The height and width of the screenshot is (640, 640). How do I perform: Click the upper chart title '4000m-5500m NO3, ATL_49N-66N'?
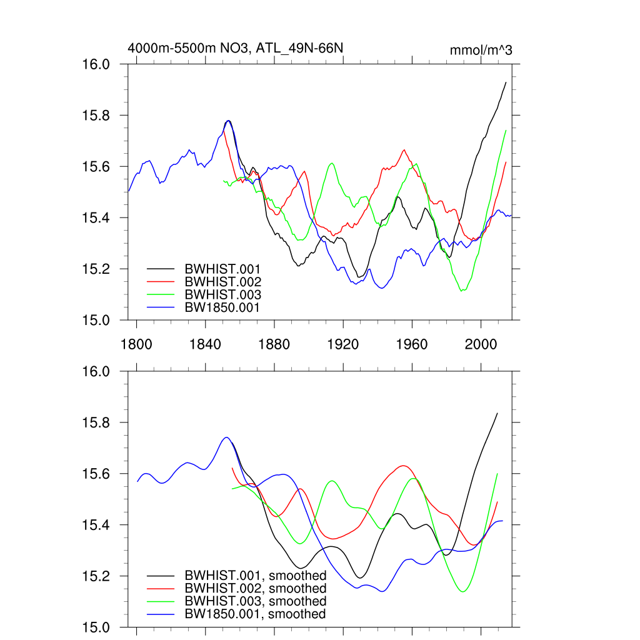pyautogui.click(x=236, y=47)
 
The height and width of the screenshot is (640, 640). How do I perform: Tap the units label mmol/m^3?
pyautogui.click(x=481, y=50)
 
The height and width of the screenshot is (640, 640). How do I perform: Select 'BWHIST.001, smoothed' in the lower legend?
pyautogui.click(x=256, y=576)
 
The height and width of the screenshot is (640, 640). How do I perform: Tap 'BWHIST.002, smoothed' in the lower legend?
pyautogui.click(x=256, y=589)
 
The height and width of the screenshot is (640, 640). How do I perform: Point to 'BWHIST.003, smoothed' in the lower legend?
pyautogui.click(x=256, y=601)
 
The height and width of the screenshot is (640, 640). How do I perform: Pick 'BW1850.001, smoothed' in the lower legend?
pyautogui.click(x=255, y=614)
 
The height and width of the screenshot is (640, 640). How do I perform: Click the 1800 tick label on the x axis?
pyautogui.click(x=136, y=343)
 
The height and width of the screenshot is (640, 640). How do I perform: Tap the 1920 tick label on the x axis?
pyautogui.click(x=343, y=343)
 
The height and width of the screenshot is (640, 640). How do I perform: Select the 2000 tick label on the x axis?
pyautogui.click(x=481, y=343)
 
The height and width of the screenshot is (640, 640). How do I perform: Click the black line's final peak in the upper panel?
pyautogui.click(x=506, y=82)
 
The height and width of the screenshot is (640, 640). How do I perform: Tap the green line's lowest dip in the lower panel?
pyautogui.click(x=462, y=591)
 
